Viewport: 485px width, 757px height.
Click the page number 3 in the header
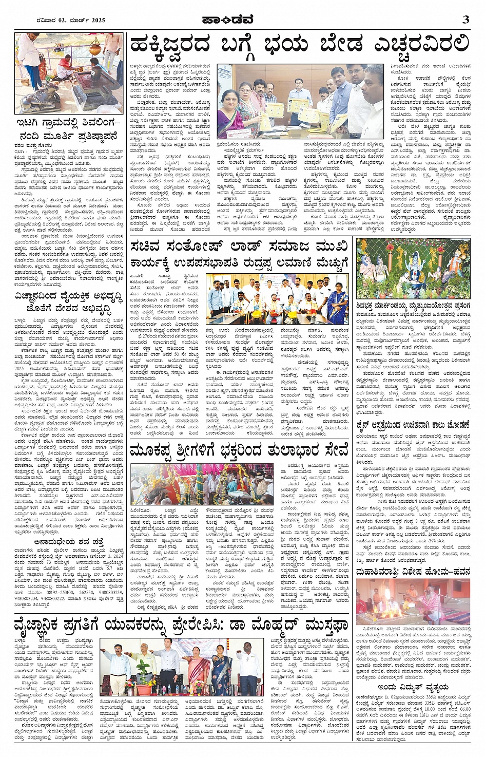point(465,20)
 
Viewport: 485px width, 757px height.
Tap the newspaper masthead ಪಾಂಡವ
point(242,20)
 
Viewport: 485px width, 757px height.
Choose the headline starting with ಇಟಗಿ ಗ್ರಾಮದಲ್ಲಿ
point(69,130)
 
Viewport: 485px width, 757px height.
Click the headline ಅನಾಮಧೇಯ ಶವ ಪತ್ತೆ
point(69,541)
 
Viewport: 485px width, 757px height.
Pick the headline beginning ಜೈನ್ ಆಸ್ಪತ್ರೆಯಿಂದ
point(413,425)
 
